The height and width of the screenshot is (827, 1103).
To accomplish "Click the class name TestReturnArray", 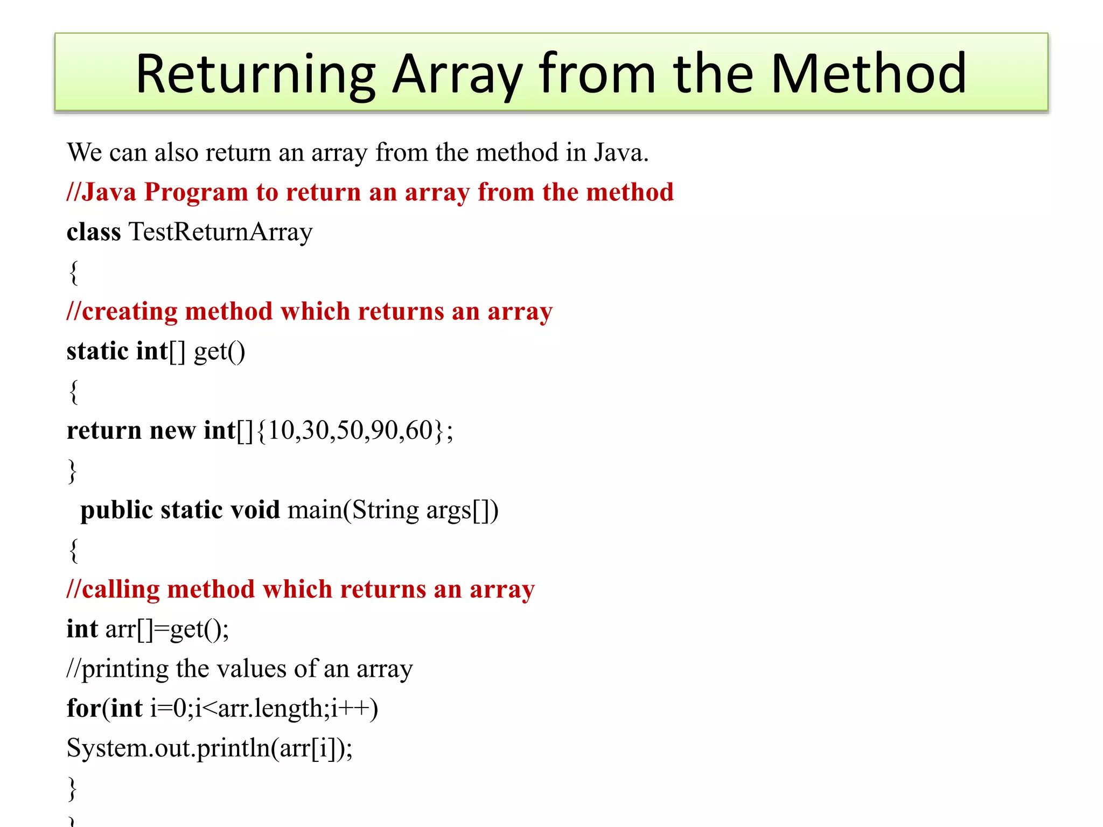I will (220, 232).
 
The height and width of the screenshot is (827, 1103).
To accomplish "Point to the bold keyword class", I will (94, 232).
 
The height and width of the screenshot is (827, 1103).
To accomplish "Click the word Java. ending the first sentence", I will (621, 152).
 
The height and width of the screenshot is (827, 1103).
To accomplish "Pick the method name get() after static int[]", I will (219, 352).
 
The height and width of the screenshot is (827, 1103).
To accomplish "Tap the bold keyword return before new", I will (104, 431).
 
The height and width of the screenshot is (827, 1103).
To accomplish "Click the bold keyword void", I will (255, 510).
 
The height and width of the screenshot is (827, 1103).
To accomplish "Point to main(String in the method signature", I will (353, 510).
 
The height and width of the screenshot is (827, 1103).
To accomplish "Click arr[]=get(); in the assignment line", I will (167, 629).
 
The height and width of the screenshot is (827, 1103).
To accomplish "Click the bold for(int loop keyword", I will (104, 709).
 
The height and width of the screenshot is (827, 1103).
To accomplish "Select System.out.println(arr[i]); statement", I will (210, 748).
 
